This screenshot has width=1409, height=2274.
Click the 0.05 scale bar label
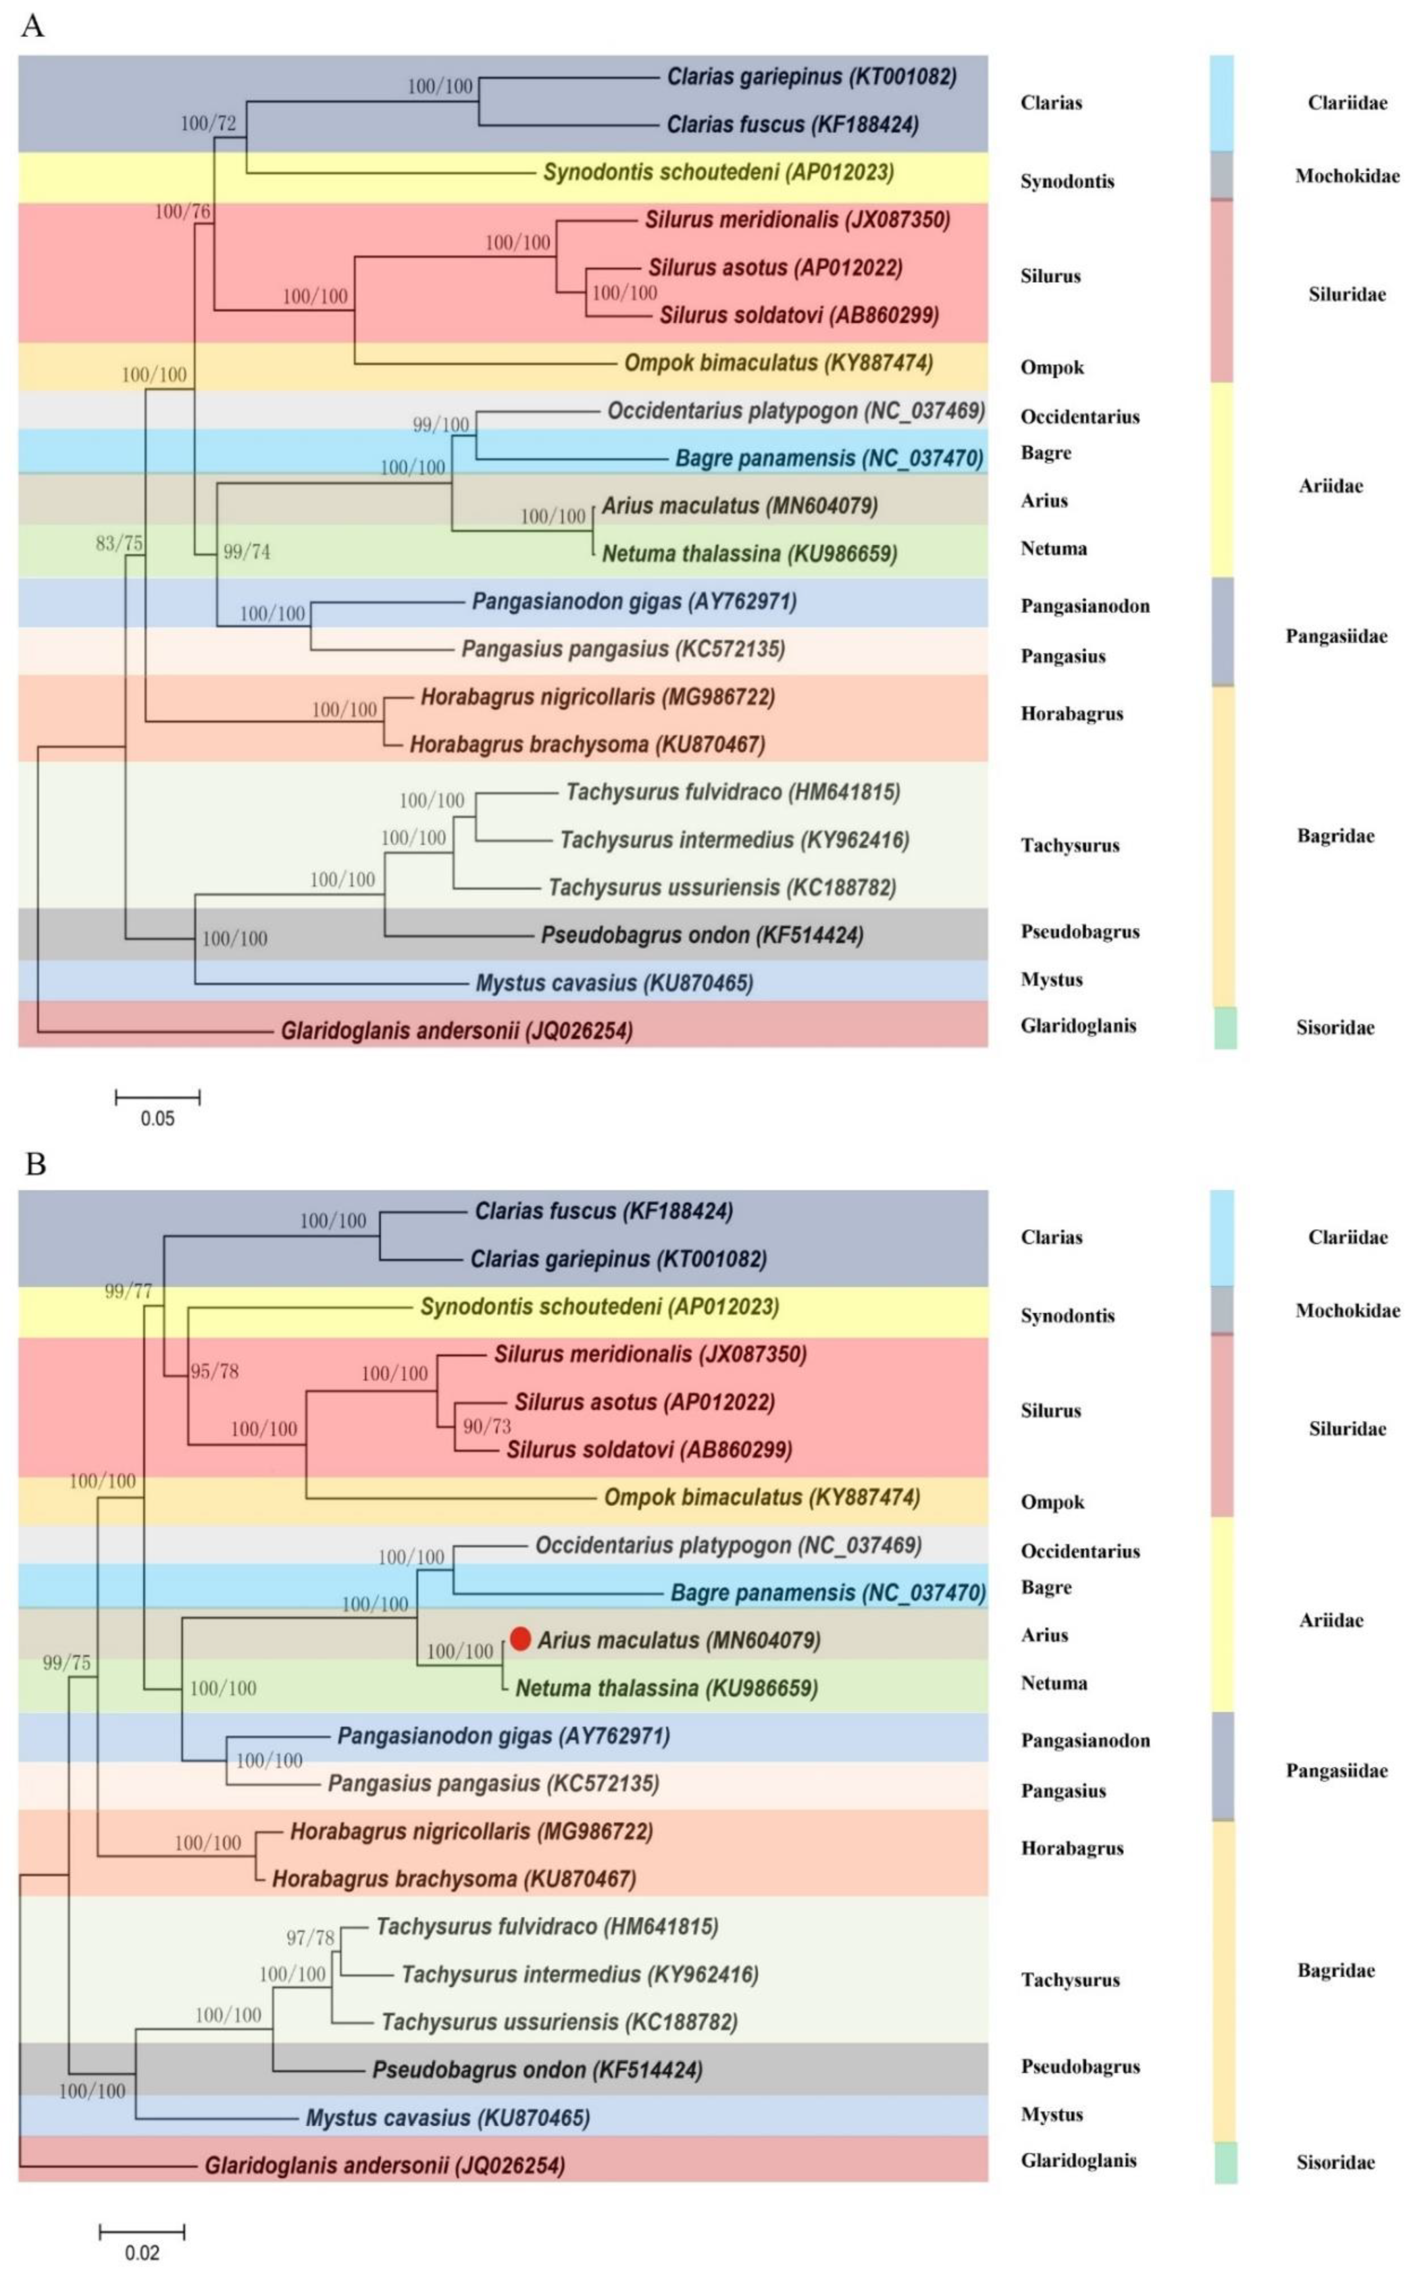coord(158,1118)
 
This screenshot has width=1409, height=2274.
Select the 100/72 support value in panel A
coord(208,123)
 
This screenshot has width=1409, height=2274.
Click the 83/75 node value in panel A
coord(119,543)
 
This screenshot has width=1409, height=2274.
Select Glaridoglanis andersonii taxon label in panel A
coord(457,1030)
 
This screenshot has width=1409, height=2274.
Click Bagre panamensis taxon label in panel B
coord(828,1592)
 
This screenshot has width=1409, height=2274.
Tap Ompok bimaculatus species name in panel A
coord(778,362)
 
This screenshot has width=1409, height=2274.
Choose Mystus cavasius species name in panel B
coord(447,2117)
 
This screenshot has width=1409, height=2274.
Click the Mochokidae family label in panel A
coord(1347,176)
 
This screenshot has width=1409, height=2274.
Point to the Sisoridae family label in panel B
coord(1335,2162)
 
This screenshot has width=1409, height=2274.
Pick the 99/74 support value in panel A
coord(246,552)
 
